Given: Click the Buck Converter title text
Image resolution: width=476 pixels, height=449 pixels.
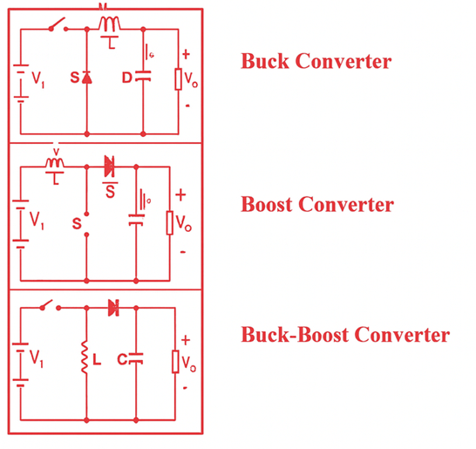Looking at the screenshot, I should point(316,62).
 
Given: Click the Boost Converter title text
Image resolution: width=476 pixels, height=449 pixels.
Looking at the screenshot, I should point(317,205).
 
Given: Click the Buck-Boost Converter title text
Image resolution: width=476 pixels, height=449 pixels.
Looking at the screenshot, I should point(344,335).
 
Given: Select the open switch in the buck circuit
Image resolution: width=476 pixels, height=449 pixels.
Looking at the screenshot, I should point(60,25).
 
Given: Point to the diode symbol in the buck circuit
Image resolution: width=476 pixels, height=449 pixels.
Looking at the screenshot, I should point(87,79).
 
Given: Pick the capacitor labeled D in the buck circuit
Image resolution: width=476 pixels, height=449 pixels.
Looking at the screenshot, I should point(142,79).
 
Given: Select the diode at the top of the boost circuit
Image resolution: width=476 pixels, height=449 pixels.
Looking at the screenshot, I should point(110,164).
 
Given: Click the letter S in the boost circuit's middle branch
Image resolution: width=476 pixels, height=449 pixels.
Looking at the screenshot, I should point(77,224).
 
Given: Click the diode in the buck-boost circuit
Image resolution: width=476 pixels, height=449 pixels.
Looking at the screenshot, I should point(112,307).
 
